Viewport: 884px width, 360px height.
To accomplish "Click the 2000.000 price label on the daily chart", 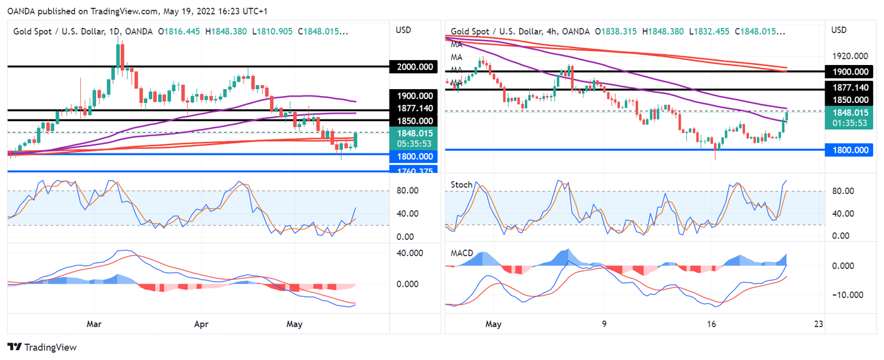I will [414, 67].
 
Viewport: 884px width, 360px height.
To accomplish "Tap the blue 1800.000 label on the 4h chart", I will [852, 150].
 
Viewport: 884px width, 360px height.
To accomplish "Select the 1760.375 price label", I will [414, 170].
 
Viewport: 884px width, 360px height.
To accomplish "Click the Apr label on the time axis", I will [201, 324].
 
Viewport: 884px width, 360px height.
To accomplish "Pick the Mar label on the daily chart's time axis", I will [94, 324].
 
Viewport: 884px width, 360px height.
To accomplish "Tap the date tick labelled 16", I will [712, 324].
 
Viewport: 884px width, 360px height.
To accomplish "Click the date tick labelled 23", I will [819, 324].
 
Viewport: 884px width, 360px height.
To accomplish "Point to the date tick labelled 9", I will [604, 324].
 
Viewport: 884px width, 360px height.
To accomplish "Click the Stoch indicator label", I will [461, 185].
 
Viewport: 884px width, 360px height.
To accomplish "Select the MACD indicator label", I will [462, 253].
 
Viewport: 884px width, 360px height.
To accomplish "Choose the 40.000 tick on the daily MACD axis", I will [410, 253].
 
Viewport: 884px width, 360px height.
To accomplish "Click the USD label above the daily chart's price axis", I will [403, 30].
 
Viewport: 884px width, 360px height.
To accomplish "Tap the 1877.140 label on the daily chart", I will [414, 109].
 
